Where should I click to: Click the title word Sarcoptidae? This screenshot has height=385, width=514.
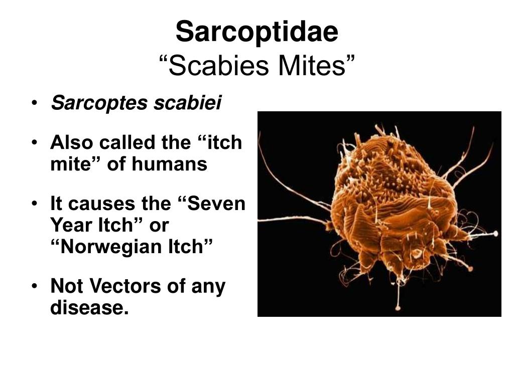(257, 32)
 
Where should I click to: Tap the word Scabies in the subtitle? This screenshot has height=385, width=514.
(219, 66)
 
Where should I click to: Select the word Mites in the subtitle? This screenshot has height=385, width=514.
(311, 66)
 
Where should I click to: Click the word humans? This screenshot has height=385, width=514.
(170, 164)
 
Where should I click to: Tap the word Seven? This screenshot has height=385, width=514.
(217, 204)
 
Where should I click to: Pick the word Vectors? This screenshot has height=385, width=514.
(125, 286)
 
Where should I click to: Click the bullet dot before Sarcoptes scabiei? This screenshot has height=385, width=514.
(35, 103)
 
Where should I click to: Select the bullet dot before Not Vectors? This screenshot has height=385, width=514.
(35, 286)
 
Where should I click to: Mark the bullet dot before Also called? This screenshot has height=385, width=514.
(35, 142)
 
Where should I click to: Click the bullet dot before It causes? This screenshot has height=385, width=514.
(35, 204)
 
